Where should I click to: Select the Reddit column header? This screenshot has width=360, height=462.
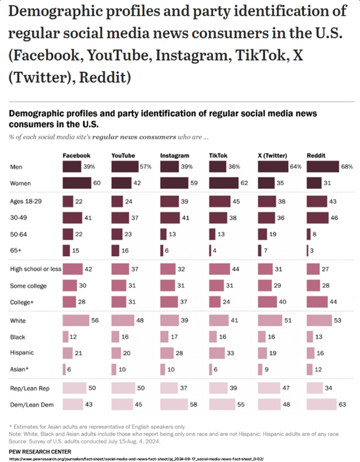click(x=316, y=155)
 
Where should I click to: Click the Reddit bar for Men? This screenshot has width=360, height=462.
click(x=322, y=167)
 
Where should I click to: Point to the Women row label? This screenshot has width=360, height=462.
click(x=20, y=183)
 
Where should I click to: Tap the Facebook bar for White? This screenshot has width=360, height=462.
click(x=75, y=320)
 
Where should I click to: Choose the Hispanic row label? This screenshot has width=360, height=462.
click(x=22, y=353)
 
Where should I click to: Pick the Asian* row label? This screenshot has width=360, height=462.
click(x=19, y=369)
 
